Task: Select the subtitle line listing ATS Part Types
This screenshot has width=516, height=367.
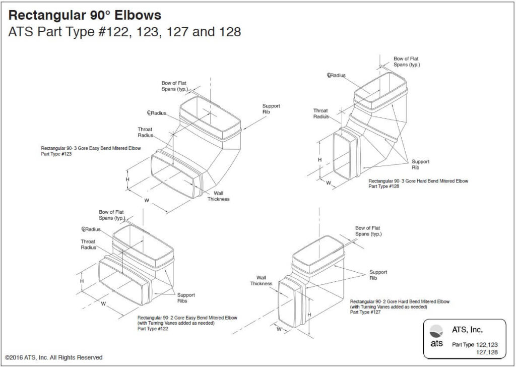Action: pyautogui.click(x=124, y=32)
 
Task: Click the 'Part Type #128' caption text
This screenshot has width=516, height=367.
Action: pyautogui.click(x=385, y=186)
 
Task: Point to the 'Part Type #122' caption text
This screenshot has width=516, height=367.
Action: pyautogui.click(x=153, y=329)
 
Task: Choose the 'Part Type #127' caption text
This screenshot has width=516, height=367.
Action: pyautogui.click(x=365, y=312)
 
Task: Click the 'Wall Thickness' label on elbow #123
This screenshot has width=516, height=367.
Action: pyautogui.click(x=218, y=196)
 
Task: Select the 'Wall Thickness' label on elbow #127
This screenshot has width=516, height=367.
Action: pyautogui.click(x=261, y=280)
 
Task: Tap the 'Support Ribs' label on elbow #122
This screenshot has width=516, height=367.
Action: pyautogui.click(x=185, y=298)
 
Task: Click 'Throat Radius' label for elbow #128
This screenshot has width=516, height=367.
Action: pyautogui.click(x=320, y=113)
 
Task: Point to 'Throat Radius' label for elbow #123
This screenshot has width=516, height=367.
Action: pyautogui.click(x=145, y=132)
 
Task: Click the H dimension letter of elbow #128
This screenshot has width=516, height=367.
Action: pyautogui.click(x=319, y=160)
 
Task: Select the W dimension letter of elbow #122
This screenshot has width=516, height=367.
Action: pyautogui.click(x=103, y=304)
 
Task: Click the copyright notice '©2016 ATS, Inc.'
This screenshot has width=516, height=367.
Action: pyautogui.click(x=54, y=357)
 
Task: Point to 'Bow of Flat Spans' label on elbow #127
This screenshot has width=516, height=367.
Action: pyautogui.click(x=368, y=231)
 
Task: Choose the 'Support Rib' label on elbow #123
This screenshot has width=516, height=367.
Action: pyautogui.click(x=271, y=109)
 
